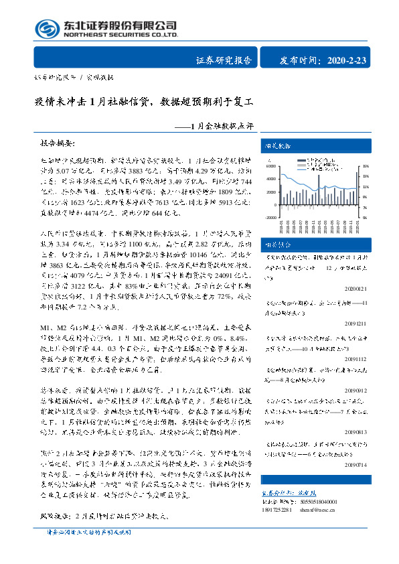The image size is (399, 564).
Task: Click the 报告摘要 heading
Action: pos(57,144)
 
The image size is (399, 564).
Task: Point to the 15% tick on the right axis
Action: pos(367,165)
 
